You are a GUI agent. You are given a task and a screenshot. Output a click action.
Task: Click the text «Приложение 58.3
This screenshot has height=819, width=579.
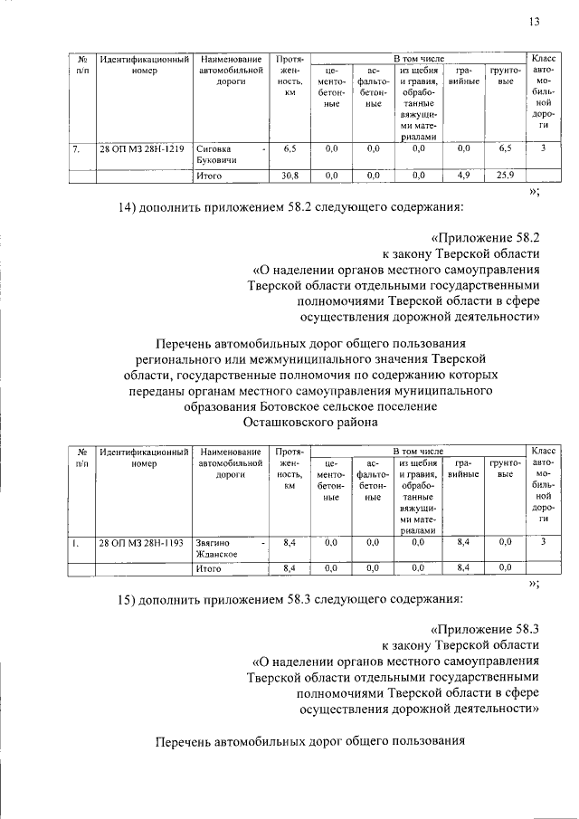pyautogui.click(x=489, y=628)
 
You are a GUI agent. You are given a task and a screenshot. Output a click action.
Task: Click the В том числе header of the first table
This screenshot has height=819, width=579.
pyautogui.click(x=418, y=58)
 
